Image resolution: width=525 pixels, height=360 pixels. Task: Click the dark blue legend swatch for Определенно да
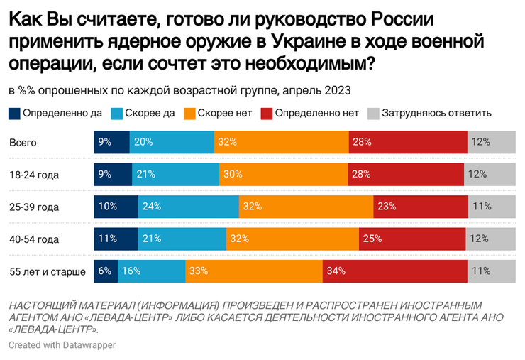coord(15,113)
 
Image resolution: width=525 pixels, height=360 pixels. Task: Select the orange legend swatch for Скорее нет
coord(189,113)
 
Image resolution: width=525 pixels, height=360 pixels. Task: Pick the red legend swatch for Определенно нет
coord(267,113)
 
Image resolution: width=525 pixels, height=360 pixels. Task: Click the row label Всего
coord(23,142)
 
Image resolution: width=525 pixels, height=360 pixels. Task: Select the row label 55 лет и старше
coord(47,271)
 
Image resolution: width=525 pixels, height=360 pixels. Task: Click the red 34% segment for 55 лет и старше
coord(394,271)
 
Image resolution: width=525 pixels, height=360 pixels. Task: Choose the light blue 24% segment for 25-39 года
coord(187,207)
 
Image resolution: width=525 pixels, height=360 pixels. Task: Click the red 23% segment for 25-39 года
coord(421,207)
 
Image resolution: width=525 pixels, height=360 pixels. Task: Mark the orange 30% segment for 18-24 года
coord(284,175)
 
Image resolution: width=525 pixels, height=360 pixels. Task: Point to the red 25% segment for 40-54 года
coord(414,239)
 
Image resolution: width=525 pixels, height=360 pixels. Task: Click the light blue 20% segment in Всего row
coord(172,142)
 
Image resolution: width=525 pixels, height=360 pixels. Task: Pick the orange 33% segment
coord(254,271)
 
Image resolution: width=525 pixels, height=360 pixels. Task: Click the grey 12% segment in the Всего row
coord(491,142)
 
